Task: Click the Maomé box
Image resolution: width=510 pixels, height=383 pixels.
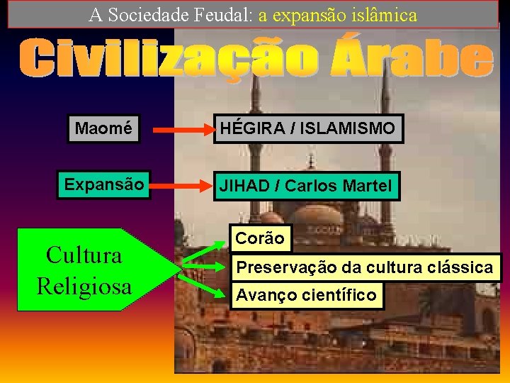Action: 103,129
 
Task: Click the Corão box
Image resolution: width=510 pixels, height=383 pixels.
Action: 259,239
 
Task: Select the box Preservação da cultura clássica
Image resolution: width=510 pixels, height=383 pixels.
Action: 364,267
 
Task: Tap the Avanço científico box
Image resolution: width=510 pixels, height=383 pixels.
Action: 306,295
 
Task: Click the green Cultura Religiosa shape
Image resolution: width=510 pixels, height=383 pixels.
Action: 85,270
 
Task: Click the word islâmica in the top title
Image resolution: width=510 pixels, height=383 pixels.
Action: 381,14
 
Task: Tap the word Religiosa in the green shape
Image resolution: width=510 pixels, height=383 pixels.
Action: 84,285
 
